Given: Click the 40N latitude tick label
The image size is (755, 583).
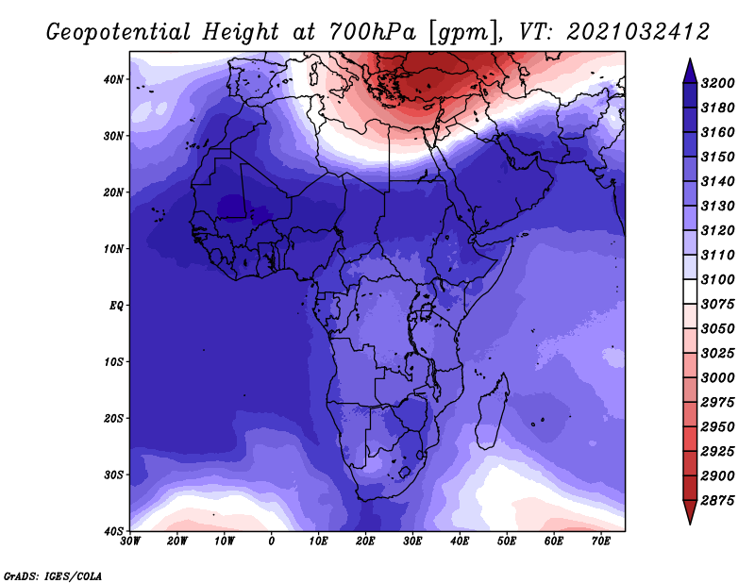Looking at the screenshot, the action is point(113,79).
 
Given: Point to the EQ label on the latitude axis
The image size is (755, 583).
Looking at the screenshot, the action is point(116,306).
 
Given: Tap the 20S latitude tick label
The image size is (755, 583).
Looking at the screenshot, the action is point(113,418).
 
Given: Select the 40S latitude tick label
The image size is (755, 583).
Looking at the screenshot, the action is point(113,531).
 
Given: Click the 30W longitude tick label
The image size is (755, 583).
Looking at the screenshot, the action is point(130,541).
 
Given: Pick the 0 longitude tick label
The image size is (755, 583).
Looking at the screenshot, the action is point(272,541).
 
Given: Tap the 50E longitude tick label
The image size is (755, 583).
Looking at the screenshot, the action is point(507,541).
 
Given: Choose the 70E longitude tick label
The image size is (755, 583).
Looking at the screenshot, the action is point(601,541).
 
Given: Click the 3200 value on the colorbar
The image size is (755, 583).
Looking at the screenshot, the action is point(717,83).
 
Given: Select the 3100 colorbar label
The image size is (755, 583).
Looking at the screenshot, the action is point(717,279).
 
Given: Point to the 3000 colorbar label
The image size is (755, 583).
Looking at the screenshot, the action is point(717,378).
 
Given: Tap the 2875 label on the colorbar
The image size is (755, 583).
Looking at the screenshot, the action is point(717,501).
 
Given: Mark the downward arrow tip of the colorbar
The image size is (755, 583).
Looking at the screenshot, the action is point(690,524).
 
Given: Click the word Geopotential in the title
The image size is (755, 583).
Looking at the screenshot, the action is point(119,32).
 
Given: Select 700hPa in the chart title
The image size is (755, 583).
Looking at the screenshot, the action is point(371,32).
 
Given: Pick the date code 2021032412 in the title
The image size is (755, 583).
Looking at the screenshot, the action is point(638,32).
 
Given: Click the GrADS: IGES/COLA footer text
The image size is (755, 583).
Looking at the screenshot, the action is point(53,576).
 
